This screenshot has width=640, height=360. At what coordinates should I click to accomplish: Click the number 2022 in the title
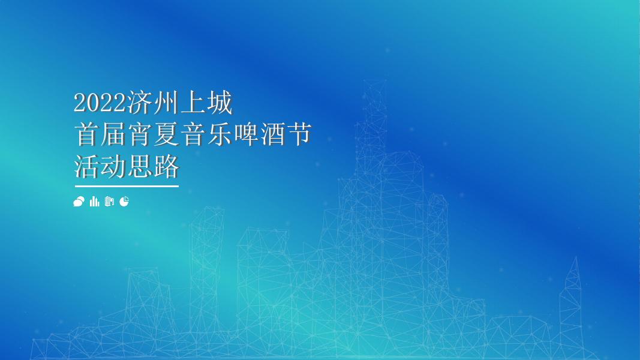pos(100,103)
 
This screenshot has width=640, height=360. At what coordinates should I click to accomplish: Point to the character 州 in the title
pos(166,102)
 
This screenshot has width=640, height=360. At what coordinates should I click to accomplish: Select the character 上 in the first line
pos(193,102)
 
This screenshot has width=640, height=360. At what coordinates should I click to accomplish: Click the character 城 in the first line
pos(219,102)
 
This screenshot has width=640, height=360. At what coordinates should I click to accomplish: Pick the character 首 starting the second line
pos(86,134)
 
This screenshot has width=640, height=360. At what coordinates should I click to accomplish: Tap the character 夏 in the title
pos(166,134)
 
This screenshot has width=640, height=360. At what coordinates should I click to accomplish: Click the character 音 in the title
pos(193,134)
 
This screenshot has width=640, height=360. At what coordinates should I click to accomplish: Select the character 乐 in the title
pos(219,134)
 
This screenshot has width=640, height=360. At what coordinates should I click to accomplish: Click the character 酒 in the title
pos(272,134)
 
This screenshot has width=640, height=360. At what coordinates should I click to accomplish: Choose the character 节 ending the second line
pos(299,134)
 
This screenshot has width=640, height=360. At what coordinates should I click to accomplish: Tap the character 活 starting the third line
pos(86,166)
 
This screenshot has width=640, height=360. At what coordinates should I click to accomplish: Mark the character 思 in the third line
pos(140,166)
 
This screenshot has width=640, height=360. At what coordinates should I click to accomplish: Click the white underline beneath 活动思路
pos(127,186)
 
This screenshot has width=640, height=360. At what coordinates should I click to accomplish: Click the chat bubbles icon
pos(79,201)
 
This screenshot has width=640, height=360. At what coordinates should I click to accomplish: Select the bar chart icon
pos(94,201)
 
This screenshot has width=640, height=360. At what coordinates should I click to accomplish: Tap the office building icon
pos(109,201)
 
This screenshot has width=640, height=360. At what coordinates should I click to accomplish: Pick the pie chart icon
pos(124,201)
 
